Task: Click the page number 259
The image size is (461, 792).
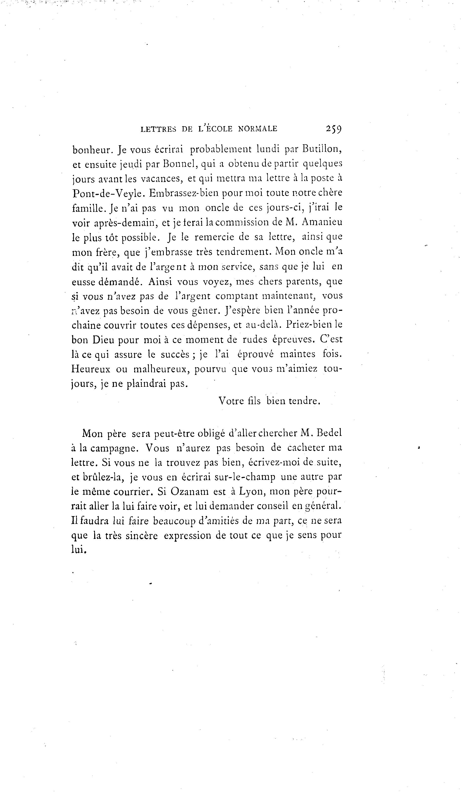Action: pos(334,129)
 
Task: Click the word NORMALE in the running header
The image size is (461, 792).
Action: pos(258,129)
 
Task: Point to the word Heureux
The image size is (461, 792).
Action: pos(91,369)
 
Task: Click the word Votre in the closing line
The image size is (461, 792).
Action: pos(230,401)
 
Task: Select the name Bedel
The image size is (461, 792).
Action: pos(329,433)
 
